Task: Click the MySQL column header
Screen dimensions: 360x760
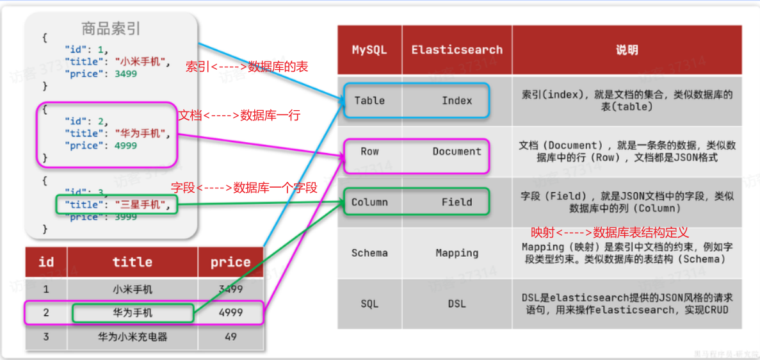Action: (x=369, y=50)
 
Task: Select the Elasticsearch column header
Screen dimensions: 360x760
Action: (x=457, y=50)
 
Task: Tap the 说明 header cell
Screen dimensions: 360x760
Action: (x=627, y=50)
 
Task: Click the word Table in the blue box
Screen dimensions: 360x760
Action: (x=369, y=101)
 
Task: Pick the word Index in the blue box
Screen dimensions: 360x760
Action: (x=457, y=101)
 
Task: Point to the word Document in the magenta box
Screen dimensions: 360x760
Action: (x=457, y=152)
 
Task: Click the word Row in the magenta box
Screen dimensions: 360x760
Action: (x=369, y=152)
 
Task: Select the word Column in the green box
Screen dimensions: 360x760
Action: (x=369, y=202)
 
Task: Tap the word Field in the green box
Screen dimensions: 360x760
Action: (x=457, y=202)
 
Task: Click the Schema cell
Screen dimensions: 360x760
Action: (x=369, y=253)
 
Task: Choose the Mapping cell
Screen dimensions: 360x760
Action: (x=457, y=253)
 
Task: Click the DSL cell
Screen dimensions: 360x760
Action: (x=457, y=304)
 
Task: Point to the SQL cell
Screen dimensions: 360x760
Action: (x=369, y=304)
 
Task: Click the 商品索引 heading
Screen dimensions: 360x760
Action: (x=111, y=29)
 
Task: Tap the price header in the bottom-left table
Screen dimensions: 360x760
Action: (x=230, y=262)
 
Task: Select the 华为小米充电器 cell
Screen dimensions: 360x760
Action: (x=133, y=336)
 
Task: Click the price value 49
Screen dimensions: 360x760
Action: (x=230, y=336)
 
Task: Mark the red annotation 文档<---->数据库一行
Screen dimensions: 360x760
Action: (x=239, y=115)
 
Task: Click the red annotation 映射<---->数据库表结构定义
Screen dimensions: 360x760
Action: (x=610, y=233)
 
